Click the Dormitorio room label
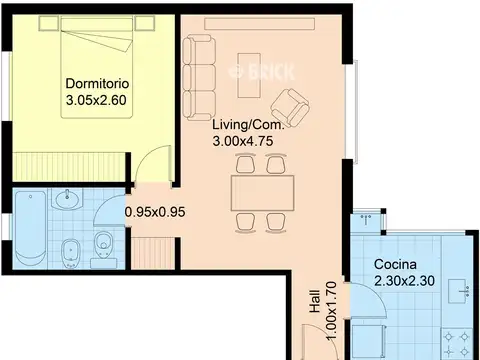tap(97, 83)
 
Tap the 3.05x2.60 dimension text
tap(96, 100)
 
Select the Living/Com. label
tap(249, 125)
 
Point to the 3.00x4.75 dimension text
tap(243, 141)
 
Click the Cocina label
tap(395, 264)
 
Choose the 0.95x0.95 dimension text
tap(155, 212)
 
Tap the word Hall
tap(315, 301)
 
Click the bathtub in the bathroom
tap(31, 228)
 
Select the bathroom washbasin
tap(68, 199)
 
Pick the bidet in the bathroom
tap(70, 253)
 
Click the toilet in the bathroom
tap(104, 246)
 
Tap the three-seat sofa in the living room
tap(199, 78)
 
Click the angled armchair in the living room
tap(290, 107)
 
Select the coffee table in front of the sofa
tap(249, 75)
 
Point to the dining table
tap(263, 193)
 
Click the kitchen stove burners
tap(457, 344)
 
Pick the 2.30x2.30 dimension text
tap(404, 281)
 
